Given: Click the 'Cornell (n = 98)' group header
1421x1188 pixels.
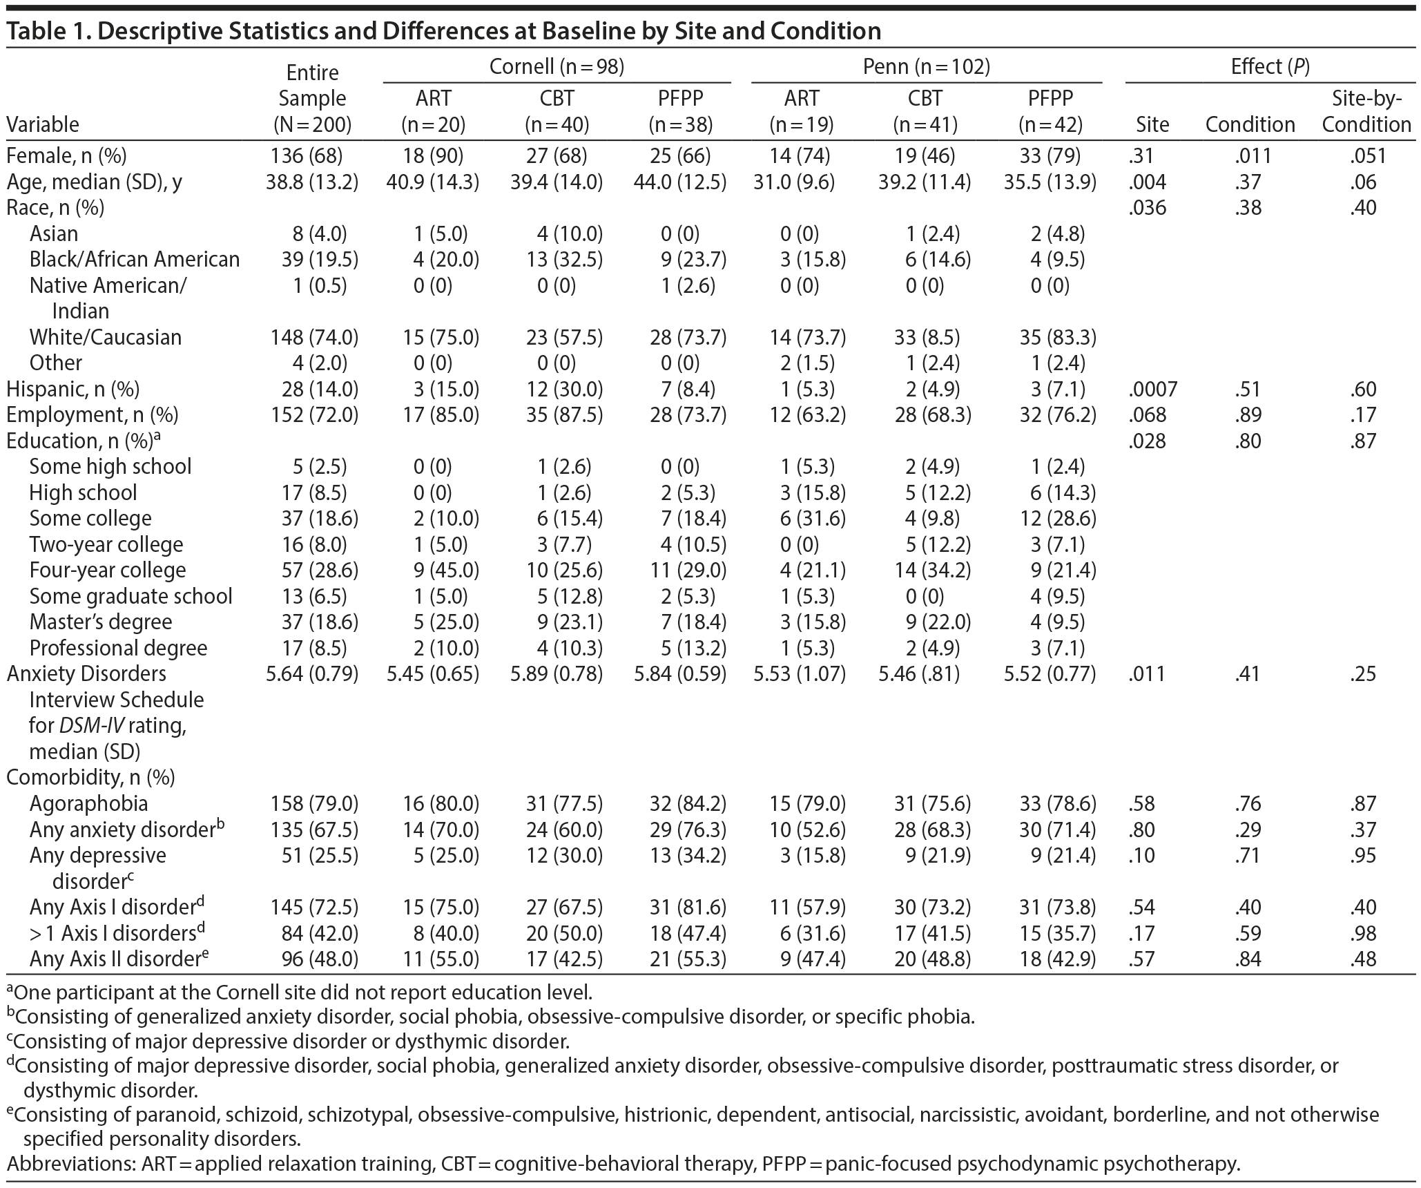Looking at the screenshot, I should (557, 67).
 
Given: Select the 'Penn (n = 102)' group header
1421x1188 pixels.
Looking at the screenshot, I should (926, 67).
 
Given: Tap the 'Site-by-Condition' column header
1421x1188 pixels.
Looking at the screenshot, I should (1366, 111).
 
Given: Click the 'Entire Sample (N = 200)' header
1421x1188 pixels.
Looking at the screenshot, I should (312, 98).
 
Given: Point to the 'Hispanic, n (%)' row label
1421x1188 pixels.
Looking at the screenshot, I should (73, 389).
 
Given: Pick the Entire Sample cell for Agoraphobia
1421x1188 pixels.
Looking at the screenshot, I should (312, 803).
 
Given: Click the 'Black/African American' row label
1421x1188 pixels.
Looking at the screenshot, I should (135, 259).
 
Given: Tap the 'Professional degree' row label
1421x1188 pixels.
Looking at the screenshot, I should (118, 648).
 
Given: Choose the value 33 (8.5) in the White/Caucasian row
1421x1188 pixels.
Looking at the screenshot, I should (925, 337).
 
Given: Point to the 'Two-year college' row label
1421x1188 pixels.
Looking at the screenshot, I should (106, 544).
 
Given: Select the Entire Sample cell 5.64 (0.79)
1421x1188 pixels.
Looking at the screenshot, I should (312, 673).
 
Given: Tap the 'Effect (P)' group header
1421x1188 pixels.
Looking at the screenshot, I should (1270, 67).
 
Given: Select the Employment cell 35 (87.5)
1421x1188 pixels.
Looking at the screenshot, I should (557, 414).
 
